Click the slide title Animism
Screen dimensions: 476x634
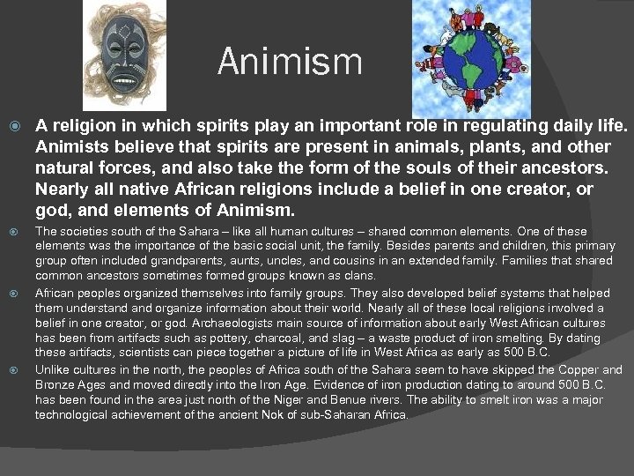tap(289, 62)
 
